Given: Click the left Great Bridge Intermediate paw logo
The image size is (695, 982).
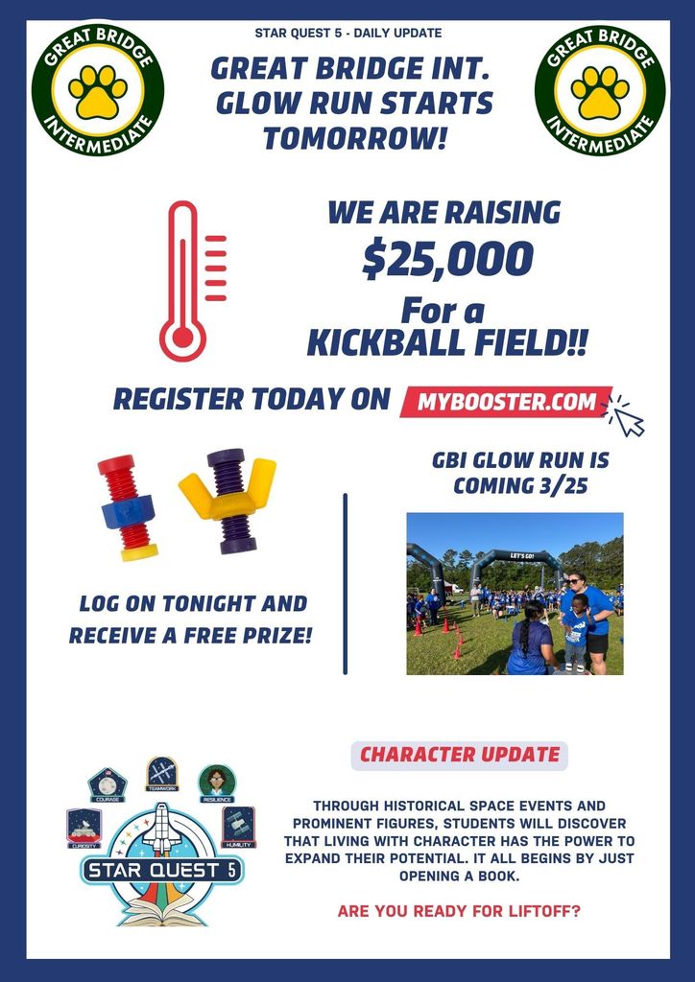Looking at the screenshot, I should pos(98,90).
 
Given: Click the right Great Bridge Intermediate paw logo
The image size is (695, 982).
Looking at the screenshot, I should pos(600,90).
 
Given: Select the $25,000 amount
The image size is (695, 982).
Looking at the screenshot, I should pos(446,260).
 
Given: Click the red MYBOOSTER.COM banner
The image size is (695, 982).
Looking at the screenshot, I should pos(506,402).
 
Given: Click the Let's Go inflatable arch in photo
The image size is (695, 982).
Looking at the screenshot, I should pos(515,557).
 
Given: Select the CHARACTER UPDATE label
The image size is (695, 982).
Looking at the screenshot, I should pos(459,755).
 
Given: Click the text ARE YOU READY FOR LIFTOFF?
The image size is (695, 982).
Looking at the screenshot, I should pos(459,910).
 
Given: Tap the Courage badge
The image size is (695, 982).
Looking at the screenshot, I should pos(107,783).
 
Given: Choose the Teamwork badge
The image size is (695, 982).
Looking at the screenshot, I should pos(161,773).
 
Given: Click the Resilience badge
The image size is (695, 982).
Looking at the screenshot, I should pos(217,783).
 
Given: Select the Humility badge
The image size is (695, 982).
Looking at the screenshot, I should pos(237,827).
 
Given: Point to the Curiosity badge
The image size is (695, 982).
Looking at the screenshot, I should pos(84,828).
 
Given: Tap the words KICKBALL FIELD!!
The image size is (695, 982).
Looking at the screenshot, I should pos(446,343).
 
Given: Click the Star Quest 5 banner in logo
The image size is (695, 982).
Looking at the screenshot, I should pos(161,871).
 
